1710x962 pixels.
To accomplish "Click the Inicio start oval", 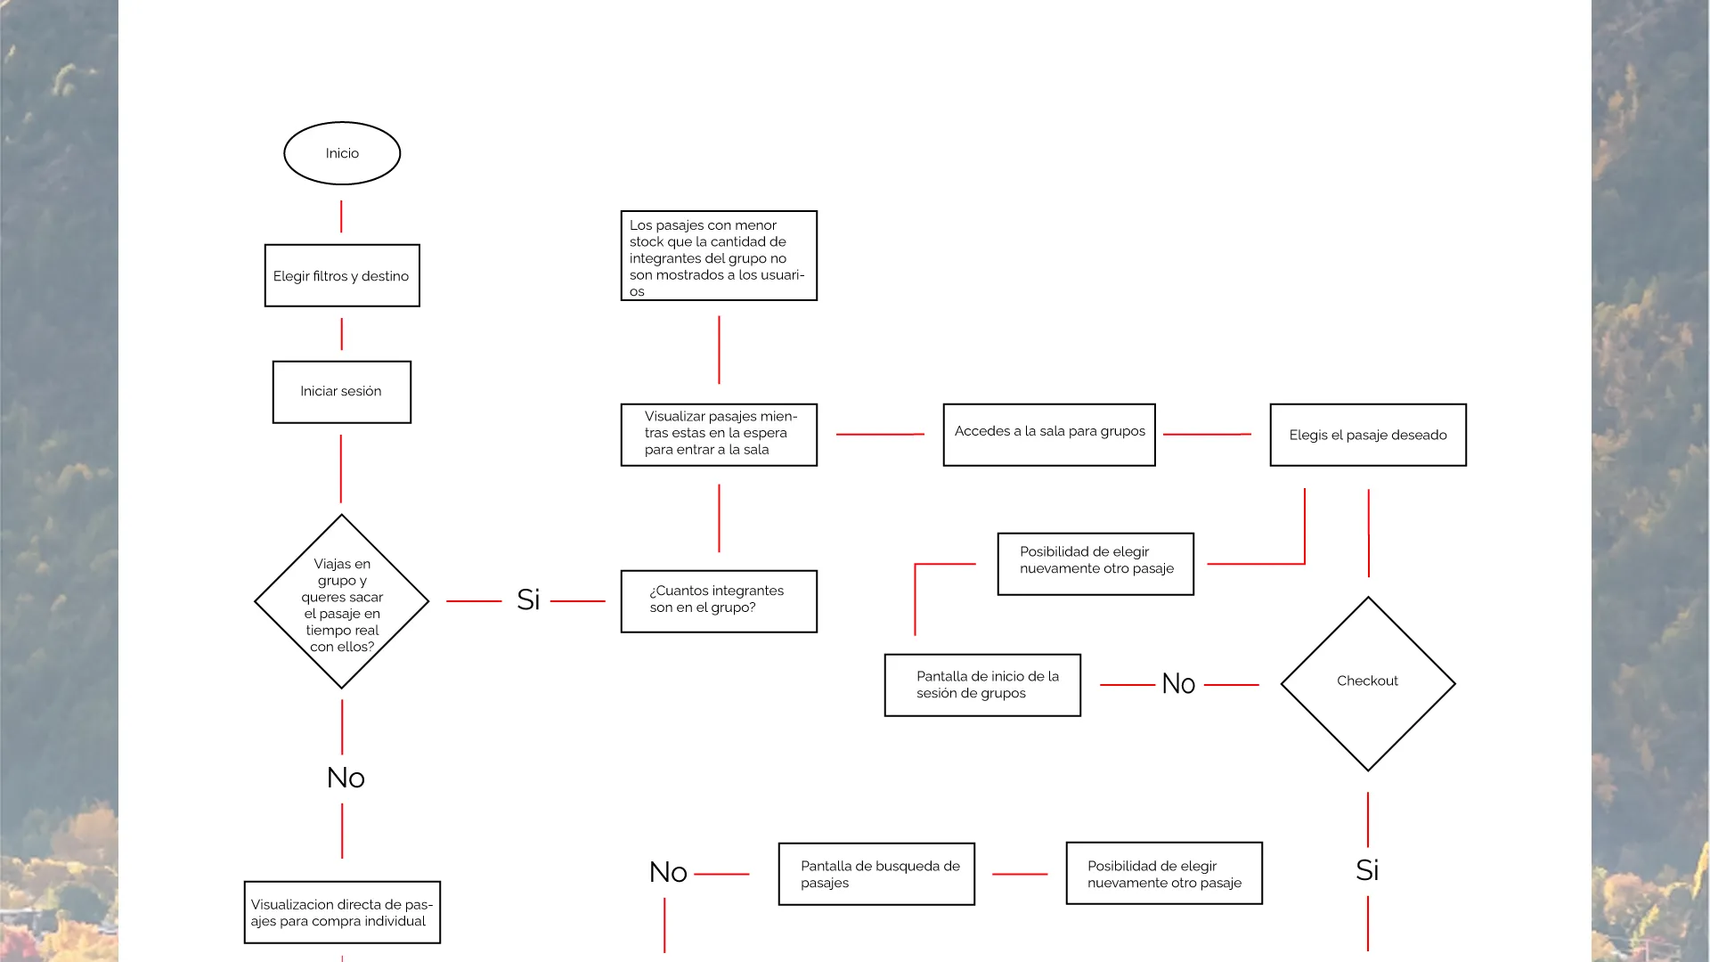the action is click(342, 153).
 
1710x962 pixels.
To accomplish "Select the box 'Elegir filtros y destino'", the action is click(342, 275).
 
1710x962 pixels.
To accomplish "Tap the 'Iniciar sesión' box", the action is click(342, 392).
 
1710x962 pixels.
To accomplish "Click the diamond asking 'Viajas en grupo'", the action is click(342, 601).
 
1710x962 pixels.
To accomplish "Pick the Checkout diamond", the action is click(1368, 684).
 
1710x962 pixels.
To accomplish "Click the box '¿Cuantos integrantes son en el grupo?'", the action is click(719, 601).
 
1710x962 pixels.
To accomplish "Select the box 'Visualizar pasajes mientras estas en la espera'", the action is click(719, 435).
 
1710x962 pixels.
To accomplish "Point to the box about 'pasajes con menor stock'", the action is click(719, 256).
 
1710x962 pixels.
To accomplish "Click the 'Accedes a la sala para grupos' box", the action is click(1049, 435).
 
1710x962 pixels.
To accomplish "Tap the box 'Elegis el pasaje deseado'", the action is click(1368, 435).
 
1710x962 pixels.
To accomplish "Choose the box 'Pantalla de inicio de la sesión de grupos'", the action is click(982, 685).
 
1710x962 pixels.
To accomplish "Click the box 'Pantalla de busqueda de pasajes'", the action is click(876, 874).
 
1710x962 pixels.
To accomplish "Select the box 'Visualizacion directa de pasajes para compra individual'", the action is click(342, 912).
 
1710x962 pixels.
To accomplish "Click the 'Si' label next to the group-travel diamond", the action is click(528, 599).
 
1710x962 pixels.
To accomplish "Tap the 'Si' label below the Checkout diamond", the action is click(1367, 870).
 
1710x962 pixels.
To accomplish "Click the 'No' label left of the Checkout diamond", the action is click(1178, 684).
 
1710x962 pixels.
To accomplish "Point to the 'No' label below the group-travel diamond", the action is click(346, 778).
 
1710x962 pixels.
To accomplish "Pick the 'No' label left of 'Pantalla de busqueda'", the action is click(668, 872).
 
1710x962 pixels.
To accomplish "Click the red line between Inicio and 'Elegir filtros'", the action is click(341, 216).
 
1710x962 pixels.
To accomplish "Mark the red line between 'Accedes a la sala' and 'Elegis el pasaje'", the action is click(1207, 434).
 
